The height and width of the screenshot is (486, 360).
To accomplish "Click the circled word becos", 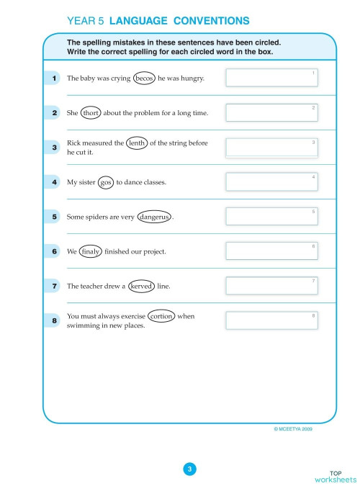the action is tap(145, 78).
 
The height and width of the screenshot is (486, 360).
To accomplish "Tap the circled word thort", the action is tap(91, 113).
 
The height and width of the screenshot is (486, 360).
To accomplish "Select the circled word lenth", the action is tap(136, 143).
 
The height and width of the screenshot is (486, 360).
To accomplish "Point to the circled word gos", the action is tap(106, 182).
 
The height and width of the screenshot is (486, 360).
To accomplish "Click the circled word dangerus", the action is tap(154, 216).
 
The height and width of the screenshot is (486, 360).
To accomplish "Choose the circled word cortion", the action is tap(161, 316).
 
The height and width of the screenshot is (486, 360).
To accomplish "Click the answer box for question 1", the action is tap(271, 78).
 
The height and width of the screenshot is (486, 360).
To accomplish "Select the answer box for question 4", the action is tap(271, 181).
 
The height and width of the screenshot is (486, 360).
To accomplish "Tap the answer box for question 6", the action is tap(271, 251).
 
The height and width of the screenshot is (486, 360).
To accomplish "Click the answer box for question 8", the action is tap(271, 320).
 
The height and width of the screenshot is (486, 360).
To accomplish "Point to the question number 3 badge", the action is tap(55, 148).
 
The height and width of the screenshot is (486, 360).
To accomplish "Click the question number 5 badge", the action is tap(55, 216).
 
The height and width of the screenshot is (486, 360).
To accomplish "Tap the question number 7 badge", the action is tap(55, 286).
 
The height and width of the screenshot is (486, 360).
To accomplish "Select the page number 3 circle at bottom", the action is tap(189, 469).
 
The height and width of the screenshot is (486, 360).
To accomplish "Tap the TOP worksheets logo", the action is tap(335, 475).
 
